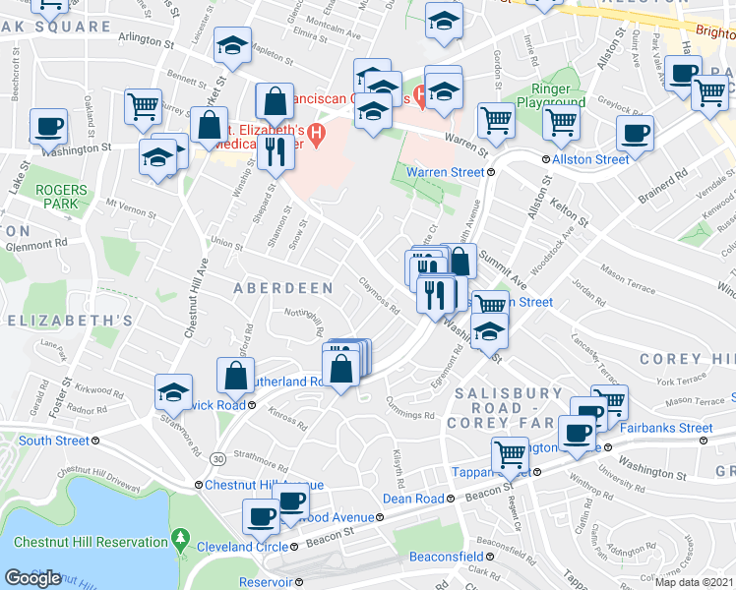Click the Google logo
coord(32,577)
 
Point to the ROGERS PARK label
coord(61,197)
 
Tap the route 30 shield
coord(216,458)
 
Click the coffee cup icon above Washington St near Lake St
coord(47,127)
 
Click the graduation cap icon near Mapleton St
coord(232,47)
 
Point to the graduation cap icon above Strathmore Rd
coord(173,391)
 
